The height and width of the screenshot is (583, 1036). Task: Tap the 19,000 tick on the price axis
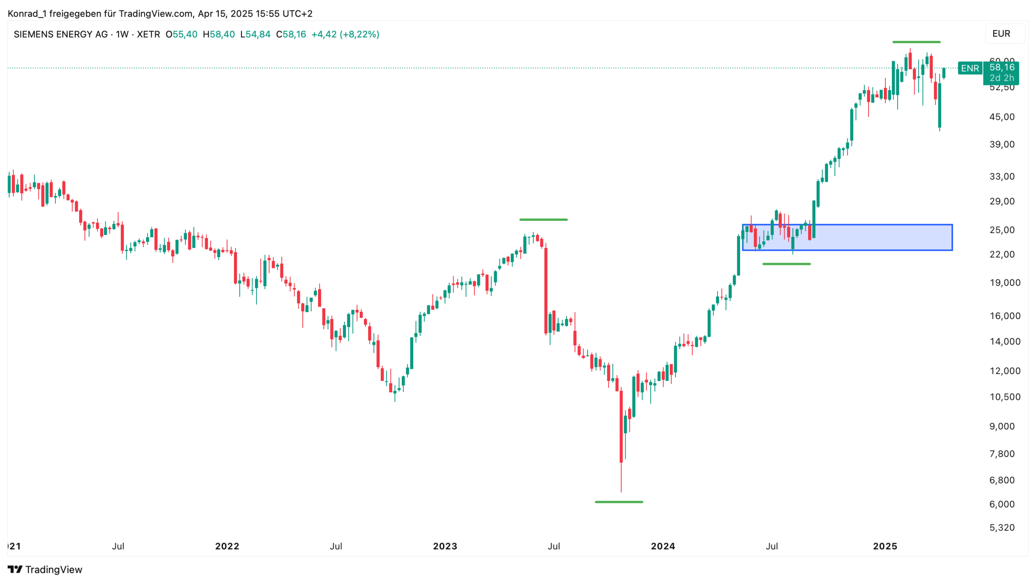pyautogui.click(x=1004, y=283)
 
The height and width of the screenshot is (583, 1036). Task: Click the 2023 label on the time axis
pyautogui.click(x=445, y=546)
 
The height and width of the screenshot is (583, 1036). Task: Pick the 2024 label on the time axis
pyautogui.click(x=662, y=546)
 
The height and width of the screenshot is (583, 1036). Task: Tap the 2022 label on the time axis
pyautogui.click(x=227, y=546)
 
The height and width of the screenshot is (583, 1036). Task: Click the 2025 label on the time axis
pyautogui.click(x=885, y=546)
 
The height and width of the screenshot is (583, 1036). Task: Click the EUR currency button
pyautogui.click(x=1001, y=34)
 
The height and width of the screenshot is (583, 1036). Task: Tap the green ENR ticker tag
pyautogui.click(x=970, y=68)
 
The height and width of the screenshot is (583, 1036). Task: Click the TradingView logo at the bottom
pyautogui.click(x=45, y=569)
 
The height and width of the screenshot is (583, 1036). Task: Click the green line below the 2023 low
pyautogui.click(x=618, y=502)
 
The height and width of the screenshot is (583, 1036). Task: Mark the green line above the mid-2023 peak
pyautogui.click(x=543, y=220)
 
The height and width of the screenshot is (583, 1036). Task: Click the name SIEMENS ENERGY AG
pyautogui.click(x=61, y=34)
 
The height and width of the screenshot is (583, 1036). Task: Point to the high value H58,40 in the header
pyautogui.click(x=219, y=34)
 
